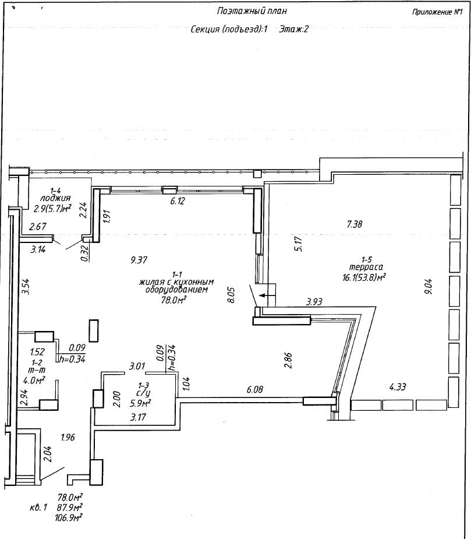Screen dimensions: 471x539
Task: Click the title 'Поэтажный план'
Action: [x=252, y=11]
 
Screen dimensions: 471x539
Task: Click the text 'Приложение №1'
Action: [x=437, y=12]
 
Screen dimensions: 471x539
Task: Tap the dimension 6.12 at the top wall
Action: [x=177, y=201]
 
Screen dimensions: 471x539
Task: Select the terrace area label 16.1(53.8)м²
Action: [x=363, y=277]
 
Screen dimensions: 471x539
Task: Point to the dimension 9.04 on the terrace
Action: [x=428, y=286]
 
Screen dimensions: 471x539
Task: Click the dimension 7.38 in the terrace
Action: [x=355, y=224]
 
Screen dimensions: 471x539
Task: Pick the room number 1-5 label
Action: [x=366, y=259]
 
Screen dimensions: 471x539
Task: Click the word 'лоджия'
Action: [x=55, y=198]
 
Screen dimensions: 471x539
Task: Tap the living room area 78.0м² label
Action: [x=174, y=301]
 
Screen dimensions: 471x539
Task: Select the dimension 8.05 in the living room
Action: [x=231, y=295]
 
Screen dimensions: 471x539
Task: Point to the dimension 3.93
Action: [x=314, y=302]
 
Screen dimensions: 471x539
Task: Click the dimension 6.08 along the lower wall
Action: [x=255, y=389]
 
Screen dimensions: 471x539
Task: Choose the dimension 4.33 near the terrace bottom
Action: [x=398, y=387]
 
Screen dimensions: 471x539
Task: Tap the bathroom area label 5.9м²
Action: [x=140, y=403]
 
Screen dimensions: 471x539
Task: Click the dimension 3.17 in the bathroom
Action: [x=138, y=417]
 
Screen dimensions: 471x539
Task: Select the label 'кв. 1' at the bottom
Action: [x=38, y=508]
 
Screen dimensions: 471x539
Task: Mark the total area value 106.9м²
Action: [x=68, y=517]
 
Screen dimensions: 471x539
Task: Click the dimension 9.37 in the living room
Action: [x=139, y=260]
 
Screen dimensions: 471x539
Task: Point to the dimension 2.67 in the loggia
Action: [x=38, y=227]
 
